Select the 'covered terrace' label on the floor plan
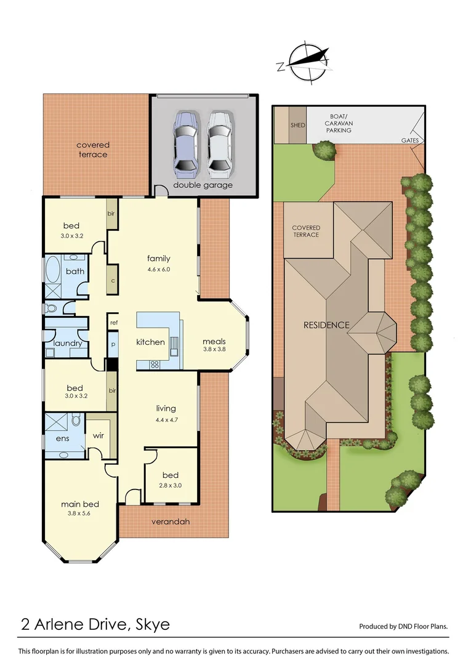(x=93, y=150)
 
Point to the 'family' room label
(x=158, y=259)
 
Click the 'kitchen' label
(x=150, y=342)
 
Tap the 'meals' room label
(x=214, y=342)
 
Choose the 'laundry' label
(x=68, y=344)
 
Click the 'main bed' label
(x=80, y=504)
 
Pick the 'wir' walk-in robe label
(x=99, y=435)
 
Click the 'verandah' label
(x=170, y=522)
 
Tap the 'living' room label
(x=166, y=408)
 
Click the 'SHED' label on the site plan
(x=297, y=125)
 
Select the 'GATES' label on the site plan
(x=410, y=141)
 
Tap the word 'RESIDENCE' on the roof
(x=326, y=325)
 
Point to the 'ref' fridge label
(x=114, y=323)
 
